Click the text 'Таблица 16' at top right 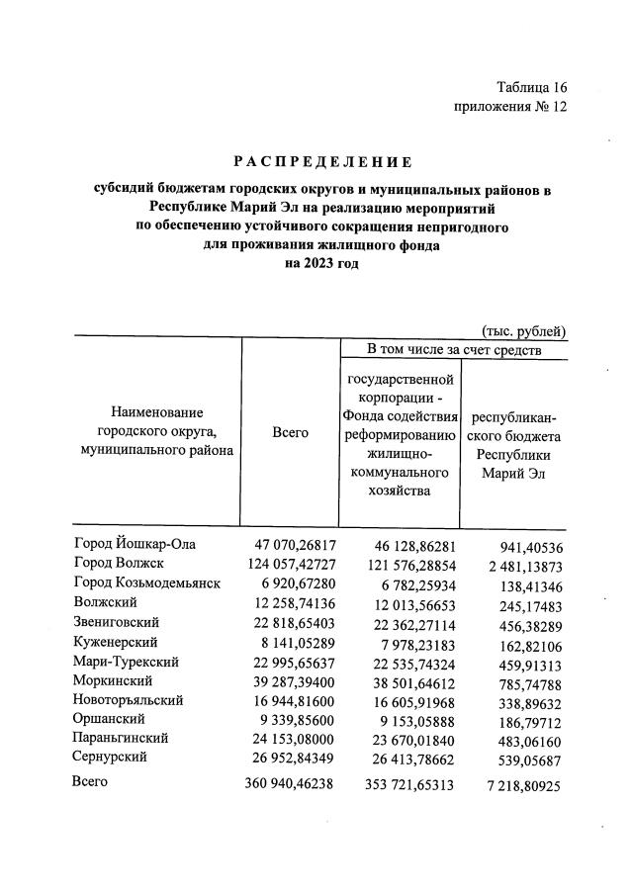tap(532, 87)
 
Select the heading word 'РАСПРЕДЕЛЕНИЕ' tap(321, 161)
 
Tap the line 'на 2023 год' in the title tap(321, 264)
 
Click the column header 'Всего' tap(290, 432)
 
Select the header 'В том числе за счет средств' tap(454, 349)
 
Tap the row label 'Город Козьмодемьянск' tap(145, 582)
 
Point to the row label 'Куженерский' tap(116, 641)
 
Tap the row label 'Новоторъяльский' tap(129, 699)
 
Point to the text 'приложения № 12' tap(510, 106)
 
